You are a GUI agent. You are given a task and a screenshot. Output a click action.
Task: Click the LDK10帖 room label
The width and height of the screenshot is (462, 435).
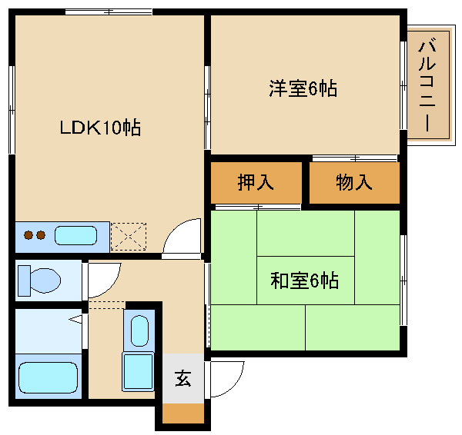(100, 128)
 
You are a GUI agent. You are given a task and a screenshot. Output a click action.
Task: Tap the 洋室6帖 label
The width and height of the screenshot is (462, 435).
(303, 88)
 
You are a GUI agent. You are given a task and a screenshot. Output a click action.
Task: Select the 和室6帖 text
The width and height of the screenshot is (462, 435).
(305, 281)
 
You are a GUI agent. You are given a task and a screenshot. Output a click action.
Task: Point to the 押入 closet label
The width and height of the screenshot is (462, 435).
(256, 182)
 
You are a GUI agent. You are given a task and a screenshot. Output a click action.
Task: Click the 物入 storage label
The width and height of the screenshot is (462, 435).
(354, 182)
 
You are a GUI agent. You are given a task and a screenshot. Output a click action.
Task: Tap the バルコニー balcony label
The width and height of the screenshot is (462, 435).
(427, 85)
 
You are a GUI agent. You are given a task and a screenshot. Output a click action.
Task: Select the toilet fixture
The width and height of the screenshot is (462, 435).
(39, 281)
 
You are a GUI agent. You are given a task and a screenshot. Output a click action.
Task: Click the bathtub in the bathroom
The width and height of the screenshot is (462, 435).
(48, 377)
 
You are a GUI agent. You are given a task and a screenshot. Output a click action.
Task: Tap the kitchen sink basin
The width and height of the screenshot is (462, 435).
(75, 235)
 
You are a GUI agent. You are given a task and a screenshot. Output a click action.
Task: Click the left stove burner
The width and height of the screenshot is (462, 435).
(28, 235)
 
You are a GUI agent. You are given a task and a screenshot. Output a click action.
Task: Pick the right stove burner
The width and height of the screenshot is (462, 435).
(41, 235)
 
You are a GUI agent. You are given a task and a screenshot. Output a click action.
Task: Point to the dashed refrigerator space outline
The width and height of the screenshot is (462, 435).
(129, 237)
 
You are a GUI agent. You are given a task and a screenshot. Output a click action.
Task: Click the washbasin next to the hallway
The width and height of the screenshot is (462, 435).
(139, 331)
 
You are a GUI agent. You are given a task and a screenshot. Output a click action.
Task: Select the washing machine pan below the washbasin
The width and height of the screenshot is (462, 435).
(138, 372)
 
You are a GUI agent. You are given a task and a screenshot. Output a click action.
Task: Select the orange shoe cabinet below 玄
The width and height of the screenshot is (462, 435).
(183, 413)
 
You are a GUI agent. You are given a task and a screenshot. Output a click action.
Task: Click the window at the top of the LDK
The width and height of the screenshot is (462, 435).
(109, 12)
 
